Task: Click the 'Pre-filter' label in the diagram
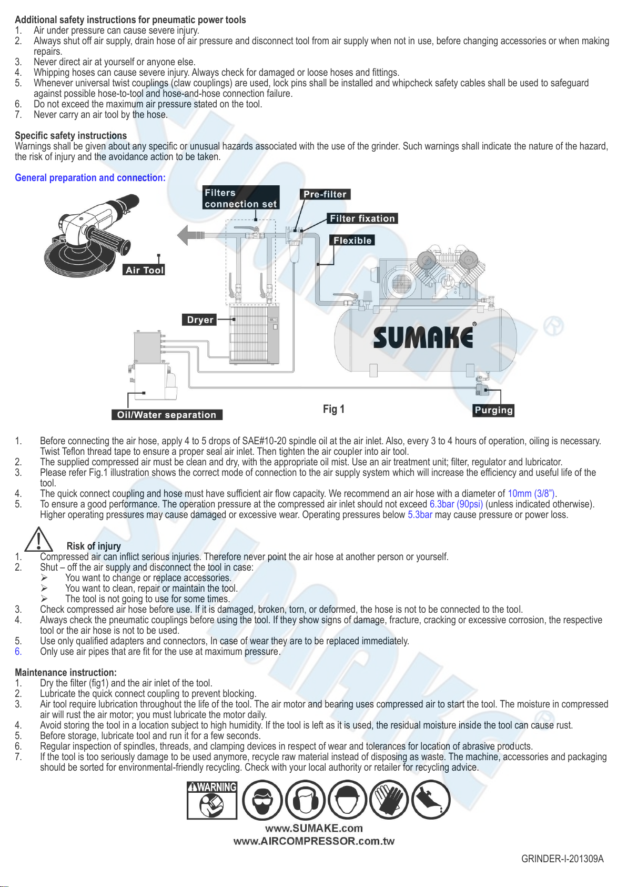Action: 325,194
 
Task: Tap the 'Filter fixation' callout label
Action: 362,218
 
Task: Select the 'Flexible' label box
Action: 352,241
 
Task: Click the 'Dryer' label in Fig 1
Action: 200,320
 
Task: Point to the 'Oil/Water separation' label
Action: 167,415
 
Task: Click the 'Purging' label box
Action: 493,410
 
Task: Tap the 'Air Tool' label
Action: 145,270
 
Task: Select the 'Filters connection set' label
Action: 240,198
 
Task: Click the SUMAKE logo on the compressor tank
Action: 423,337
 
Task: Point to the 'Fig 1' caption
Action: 333,409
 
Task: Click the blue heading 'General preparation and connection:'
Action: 90,178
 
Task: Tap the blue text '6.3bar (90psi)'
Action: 456,504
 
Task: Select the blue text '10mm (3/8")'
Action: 531,494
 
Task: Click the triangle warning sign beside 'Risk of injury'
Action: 38,539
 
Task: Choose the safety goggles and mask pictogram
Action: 262,800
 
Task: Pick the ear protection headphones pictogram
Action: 305,800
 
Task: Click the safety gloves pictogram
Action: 389,800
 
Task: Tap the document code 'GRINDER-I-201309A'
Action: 562,859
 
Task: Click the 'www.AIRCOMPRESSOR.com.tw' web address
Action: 314,841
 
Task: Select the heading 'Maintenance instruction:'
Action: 66,673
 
